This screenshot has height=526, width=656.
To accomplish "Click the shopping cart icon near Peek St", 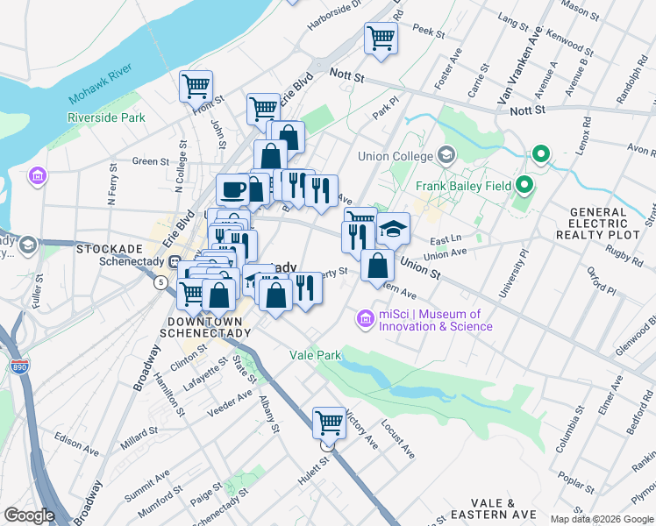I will point(381,38).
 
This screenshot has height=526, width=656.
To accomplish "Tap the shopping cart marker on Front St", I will point(196,86).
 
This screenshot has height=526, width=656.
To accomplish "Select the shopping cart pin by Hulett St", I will point(329,423).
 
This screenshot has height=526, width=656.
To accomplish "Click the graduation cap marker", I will point(393,228).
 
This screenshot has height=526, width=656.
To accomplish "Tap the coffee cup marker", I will point(233,189).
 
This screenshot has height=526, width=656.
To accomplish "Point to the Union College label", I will point(396,157).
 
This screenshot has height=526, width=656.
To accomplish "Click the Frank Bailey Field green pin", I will point(524,185).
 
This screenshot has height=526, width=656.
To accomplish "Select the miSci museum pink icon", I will point(365,320).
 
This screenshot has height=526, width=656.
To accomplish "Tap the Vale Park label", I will point(314,355).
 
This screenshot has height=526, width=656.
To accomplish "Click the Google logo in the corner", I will point(29,515).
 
